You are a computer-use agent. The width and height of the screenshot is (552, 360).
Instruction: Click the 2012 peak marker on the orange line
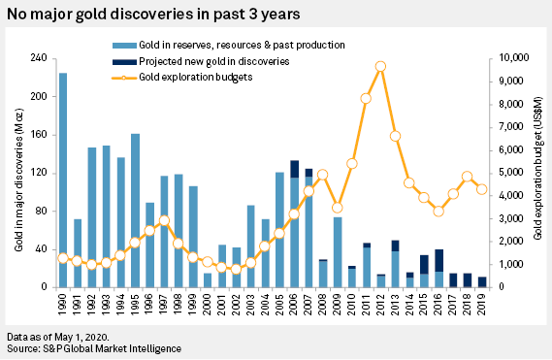click(380, 66)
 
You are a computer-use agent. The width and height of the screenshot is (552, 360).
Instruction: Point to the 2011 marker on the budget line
click(366, 98)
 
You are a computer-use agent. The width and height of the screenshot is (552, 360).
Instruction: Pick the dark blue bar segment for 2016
click(438, 260)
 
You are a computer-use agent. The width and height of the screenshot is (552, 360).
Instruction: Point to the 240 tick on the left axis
click(42, 58)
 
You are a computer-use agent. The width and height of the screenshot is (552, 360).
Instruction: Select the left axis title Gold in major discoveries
click(18, 173)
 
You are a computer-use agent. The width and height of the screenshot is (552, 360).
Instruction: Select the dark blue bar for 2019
click(482, 281)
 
